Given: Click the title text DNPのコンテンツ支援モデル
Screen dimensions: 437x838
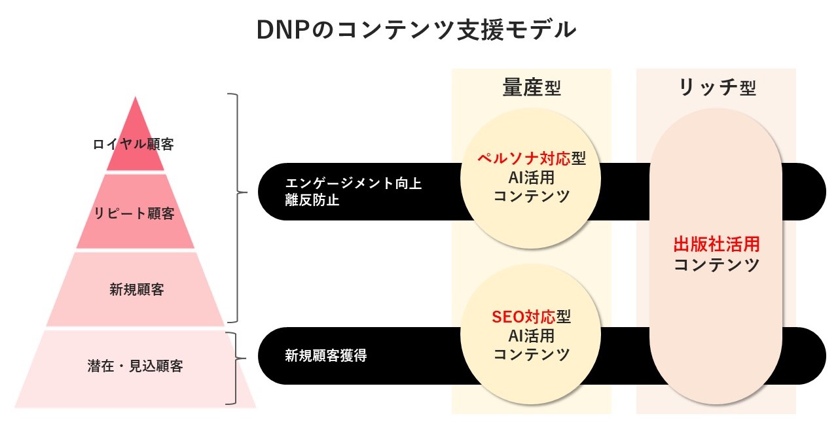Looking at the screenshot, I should tap(418, 30).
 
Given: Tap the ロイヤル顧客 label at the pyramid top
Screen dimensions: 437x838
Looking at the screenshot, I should tap(134, 144).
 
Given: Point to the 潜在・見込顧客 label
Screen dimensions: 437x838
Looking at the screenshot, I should tap(135, 366).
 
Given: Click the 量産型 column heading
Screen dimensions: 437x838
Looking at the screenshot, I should tap(531, 88).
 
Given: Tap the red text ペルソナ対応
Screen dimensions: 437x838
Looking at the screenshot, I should tap(523, 159).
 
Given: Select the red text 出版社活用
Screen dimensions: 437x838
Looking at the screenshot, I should tap(716, 245).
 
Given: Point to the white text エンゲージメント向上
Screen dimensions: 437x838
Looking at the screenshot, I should tap(354, 184).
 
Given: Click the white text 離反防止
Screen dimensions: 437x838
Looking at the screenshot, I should tap(312, 201).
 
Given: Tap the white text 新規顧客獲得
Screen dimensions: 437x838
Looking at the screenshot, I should tap(325, 357).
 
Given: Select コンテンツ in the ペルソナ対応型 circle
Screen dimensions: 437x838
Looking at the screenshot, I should tap(531, 196).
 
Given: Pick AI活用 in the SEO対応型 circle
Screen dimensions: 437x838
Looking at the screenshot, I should tap(531, 336).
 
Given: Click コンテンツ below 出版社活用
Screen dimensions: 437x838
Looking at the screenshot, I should tap(716, 265).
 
